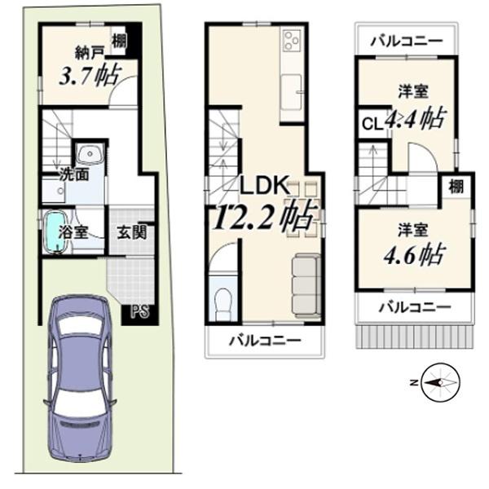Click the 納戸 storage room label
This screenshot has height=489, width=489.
89,53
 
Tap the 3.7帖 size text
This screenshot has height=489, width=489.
90,76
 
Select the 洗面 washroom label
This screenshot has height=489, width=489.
74,174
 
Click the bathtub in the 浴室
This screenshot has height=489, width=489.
56,231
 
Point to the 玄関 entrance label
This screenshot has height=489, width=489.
132,232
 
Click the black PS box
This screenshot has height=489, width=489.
140,311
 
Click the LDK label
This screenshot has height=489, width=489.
263,186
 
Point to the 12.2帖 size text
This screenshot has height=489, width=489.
262,217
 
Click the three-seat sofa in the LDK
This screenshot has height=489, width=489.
306,285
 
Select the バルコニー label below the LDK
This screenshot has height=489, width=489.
265,341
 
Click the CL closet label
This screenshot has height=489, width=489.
372,125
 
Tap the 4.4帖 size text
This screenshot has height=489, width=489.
415,118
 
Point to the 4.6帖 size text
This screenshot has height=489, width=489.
414,256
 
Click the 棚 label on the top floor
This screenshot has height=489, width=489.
456,187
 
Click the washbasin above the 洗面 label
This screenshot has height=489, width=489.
90,154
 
